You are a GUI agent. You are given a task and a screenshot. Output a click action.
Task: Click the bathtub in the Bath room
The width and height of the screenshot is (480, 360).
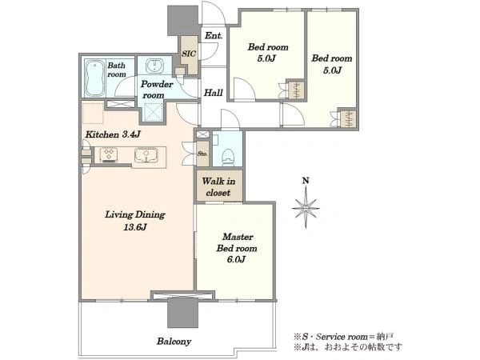click(x=94, y=78)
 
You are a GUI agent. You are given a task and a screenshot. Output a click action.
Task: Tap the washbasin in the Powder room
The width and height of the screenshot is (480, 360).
click(x=155, y=66)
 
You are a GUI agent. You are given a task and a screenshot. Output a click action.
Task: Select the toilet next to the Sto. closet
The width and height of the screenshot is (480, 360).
click(x=228, y=157)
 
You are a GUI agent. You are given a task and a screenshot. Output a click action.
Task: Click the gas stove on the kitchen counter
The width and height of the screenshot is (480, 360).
click(x=110, y=155)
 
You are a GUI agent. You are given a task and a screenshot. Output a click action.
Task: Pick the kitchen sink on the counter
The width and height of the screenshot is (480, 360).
click(x=146, y=155)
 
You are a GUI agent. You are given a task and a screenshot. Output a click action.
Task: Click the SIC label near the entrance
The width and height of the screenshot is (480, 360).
click(x=189, y=54)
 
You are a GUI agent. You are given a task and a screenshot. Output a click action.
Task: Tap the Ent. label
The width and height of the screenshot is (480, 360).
click(x=214, y=36)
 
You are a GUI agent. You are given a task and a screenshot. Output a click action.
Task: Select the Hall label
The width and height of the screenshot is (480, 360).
click(x=214, y=93)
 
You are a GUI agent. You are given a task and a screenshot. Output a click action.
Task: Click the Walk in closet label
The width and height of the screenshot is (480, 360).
click(x=218, y=187)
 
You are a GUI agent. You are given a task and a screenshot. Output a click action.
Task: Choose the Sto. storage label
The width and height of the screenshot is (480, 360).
click(x=202, y=154)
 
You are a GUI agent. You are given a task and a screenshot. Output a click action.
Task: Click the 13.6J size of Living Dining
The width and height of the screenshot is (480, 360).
click(x=135, y=227)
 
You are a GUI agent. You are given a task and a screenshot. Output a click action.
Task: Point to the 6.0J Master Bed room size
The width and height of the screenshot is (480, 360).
click(x=236, y=259)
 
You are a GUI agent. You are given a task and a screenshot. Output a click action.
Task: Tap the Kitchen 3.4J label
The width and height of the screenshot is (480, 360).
click(x=113, y=134)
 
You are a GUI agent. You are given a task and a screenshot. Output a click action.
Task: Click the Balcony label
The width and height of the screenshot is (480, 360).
click(x=174, y=342)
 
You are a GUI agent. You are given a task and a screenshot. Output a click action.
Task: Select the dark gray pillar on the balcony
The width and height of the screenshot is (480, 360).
click(x=182, y=313)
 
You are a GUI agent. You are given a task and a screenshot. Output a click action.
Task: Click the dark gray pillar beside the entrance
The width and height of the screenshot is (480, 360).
click(x=182, y=21)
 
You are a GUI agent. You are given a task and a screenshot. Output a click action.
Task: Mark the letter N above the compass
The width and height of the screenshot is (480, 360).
click(x=306, y=181)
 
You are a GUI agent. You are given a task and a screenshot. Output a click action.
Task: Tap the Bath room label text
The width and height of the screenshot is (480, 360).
click(x=117, y=70)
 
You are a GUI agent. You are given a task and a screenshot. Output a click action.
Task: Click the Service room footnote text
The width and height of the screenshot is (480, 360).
click(x=344, y=337)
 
